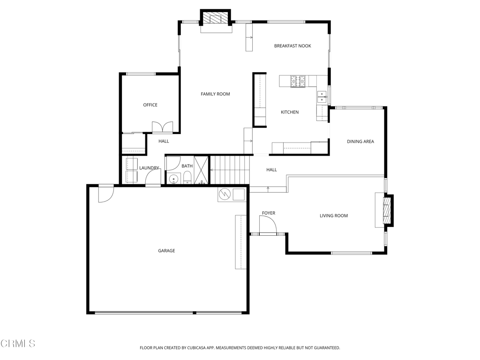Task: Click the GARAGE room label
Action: click(166, 251)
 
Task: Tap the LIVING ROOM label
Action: click(334, 216)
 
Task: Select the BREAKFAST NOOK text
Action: click(292, 46)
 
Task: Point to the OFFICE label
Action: click(150, 105)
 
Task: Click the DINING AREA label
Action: click(360, 142)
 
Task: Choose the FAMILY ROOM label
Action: click(215, 94)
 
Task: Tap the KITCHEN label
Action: click(290, 112)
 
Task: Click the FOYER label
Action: click(269, 213)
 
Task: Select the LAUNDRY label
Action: click(149, 168)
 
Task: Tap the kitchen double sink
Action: click(322, 97)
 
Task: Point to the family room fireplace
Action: click(216, 19)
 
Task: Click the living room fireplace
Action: click(387, 210)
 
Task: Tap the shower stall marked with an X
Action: click(201, 170)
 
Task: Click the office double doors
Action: click(162, 127)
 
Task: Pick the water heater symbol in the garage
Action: click(224, 194)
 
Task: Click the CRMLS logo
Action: click(18, 344)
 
